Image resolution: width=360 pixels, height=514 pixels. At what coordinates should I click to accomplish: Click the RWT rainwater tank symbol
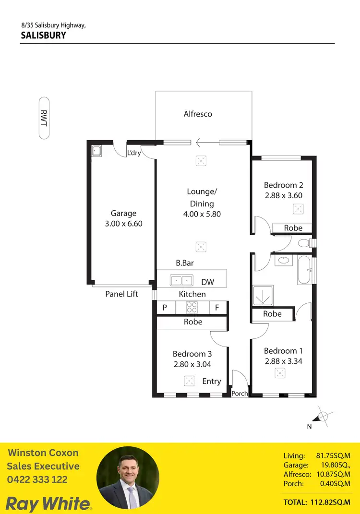coord(44,118)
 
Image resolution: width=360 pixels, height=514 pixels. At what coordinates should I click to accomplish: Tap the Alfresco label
coord(198,114)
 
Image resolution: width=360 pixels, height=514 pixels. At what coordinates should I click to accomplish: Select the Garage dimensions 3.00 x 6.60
coord(123,224)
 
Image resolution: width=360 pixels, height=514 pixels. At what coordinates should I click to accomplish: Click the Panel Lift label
coord(121,294)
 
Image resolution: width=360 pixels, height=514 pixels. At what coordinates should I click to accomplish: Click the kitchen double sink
coord(181,280)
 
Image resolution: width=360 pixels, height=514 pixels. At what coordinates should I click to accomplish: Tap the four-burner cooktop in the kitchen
coord(192,307)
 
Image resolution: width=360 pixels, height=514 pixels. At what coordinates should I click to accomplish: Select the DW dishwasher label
coord(207,282)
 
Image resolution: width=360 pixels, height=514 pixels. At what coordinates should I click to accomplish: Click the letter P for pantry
coord(165,308)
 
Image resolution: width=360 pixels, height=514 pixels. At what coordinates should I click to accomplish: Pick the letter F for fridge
coord(217,308)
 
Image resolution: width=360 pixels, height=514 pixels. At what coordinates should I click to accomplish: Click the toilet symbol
coord(304,243)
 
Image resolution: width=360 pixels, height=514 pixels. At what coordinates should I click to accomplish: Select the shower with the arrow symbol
coord(262,296)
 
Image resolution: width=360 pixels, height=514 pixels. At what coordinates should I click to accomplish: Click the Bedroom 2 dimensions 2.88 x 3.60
coord(283,195)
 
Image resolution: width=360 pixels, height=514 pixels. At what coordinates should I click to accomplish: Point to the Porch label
coord(240,394)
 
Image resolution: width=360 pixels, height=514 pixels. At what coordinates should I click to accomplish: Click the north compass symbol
coord(323,416)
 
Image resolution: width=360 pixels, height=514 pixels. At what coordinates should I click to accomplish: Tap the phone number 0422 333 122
coord(37,479)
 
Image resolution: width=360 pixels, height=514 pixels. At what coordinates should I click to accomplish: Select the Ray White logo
coord(48,503)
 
